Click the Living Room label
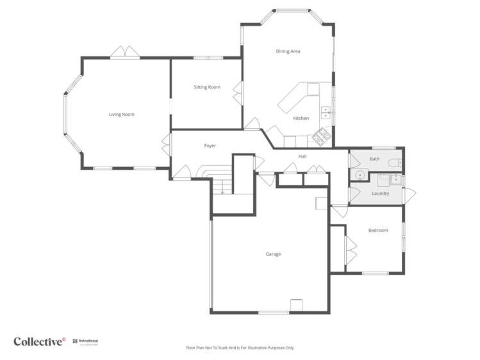point(121,114)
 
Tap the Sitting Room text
point(207,87)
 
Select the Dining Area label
point(288,51)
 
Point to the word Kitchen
point(301,118)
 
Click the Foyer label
point(210,145)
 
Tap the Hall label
point(302,156)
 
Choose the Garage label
point(273,254)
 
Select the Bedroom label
point(377,230)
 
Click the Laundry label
point(380,193)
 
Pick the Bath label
point(374,158)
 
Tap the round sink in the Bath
point(360,174)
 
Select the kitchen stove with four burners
point(320,135)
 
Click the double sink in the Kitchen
point(326,113)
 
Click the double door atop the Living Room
point(124,52)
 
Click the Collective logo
point(40,341)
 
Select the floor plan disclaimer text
point(240,348)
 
